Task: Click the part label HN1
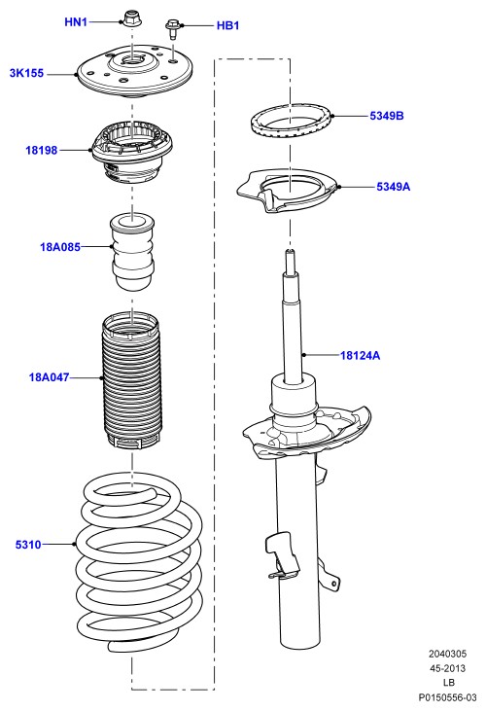(x=76, y=21)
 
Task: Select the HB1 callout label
(x=227, y=25)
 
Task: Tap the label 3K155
(x=26, y=73)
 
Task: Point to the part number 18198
(x=41, y=150)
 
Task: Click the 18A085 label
(x=60, y=247)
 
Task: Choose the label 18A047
(x=50, y=377)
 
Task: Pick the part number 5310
(x=28, y=545)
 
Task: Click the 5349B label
(x=386, y=116)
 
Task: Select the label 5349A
(x=393, y=187)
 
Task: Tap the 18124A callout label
(x=360, y=356)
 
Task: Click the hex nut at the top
(x=132, y=18)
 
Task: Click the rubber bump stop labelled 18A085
(x=132, y=251)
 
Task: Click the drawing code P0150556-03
(x=447, y=697)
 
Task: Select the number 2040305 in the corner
(x=447, y=654)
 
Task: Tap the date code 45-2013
(x=447, y=668)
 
